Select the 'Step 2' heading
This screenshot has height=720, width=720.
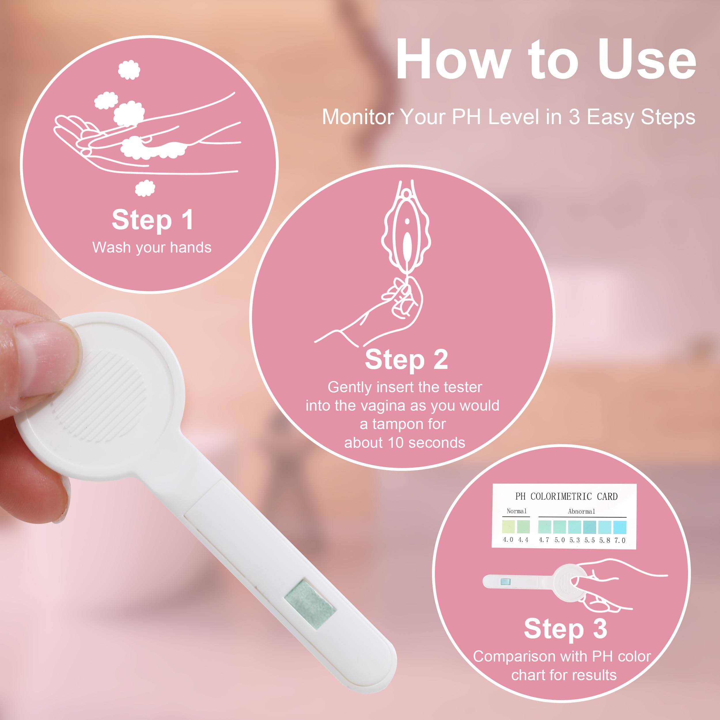point(406,360)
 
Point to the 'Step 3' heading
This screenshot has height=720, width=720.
point(565,628)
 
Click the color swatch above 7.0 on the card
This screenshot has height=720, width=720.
point(620,527)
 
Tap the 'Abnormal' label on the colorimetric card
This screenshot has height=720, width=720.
point(581,511)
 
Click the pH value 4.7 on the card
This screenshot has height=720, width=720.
point(544,540)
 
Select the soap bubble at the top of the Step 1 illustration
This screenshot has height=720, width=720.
point(129,70)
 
